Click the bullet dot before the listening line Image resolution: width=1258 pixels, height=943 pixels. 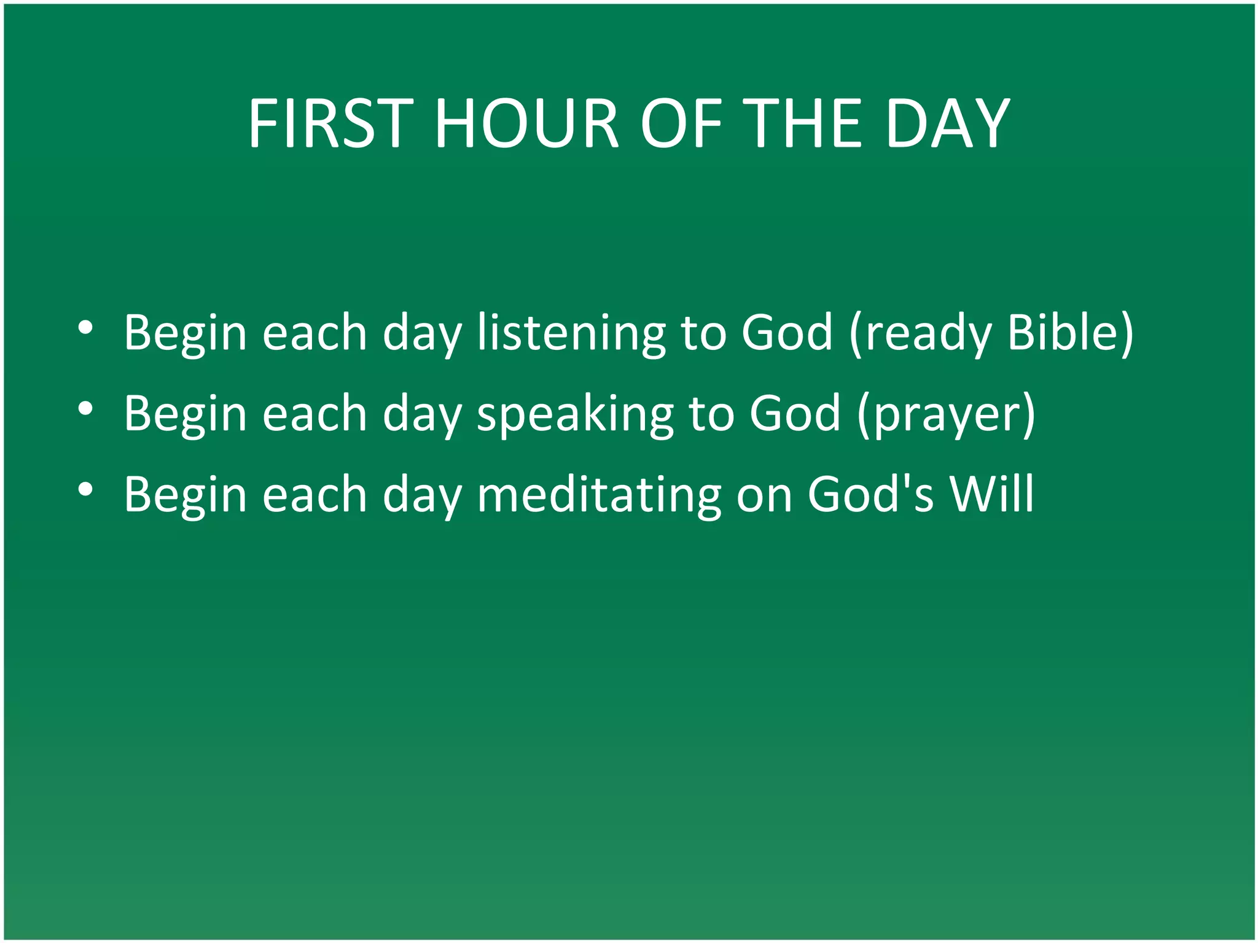pyautogui.click(x=85, y=328)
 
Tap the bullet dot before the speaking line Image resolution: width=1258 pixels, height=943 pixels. pyautogui.click(x=85, y=408)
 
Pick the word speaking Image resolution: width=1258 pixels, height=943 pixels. pyautogui.click(x=575, y=414)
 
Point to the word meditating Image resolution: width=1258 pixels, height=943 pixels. pyautogui.click(x=599, y=494)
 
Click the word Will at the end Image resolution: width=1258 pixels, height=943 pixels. pyautogui.click(x=991, y=494)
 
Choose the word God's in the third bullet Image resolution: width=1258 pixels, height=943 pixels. pyautogui.click(x=870, y=494)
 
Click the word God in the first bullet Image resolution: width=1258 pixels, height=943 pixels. pyautogui.click(x=787, y=333)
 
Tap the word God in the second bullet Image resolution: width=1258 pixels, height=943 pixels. pyautogui.click(x=795, y=414)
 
